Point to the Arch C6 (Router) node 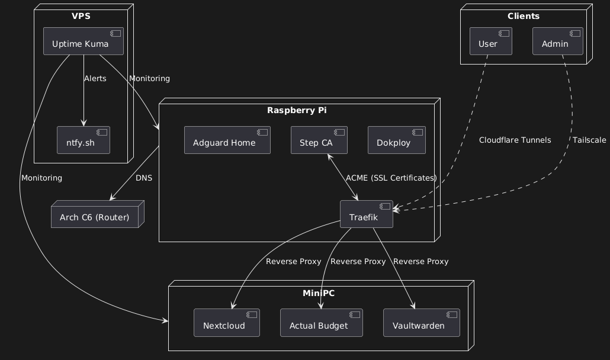pos(95,217)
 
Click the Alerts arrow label pos(95,79)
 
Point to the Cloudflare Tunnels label pos(515,140)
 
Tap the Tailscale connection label pos(589,140)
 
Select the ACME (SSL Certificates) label pos(391,178)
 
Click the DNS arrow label pos(144,178)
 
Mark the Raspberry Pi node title pos(297,111)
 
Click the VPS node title pos(81,16)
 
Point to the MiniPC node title pos(320,292)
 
